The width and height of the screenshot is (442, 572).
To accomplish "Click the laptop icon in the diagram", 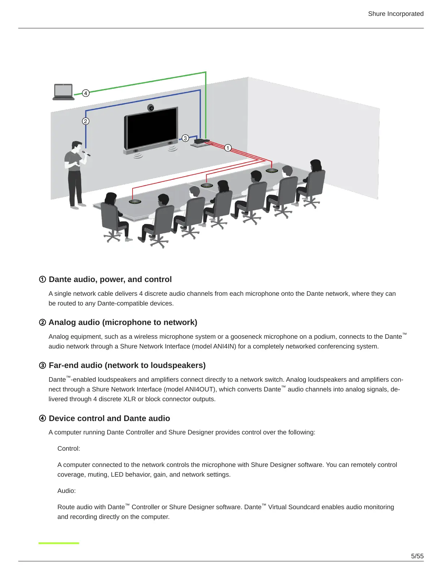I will coord(63,92).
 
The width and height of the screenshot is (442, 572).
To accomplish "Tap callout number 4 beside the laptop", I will coord(86,93).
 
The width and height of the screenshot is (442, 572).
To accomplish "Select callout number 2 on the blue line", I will coord(86,121).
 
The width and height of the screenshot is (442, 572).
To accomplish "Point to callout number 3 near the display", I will coord(185,138).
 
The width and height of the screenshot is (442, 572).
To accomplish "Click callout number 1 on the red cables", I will coord(227,148).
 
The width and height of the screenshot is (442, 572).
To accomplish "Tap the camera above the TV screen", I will coord(151,108).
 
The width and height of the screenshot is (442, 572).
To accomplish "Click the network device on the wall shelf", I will coord(201,141).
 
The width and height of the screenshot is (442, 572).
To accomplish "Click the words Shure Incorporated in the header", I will coord(395,14).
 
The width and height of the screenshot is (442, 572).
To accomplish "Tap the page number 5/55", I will coord(417,556).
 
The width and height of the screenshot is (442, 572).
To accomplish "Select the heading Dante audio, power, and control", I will coord(110,279).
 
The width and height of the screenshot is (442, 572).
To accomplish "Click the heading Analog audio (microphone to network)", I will coord(123,322).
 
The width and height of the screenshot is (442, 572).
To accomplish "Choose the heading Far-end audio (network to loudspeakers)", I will coord(127,365).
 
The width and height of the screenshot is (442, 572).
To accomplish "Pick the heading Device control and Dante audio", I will coord(109,419).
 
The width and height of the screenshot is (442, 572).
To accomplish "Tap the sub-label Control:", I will coord(69,448).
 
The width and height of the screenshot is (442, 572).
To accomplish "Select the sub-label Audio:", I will coord(66,491).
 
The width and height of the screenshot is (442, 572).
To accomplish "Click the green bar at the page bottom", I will coord(58,543).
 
